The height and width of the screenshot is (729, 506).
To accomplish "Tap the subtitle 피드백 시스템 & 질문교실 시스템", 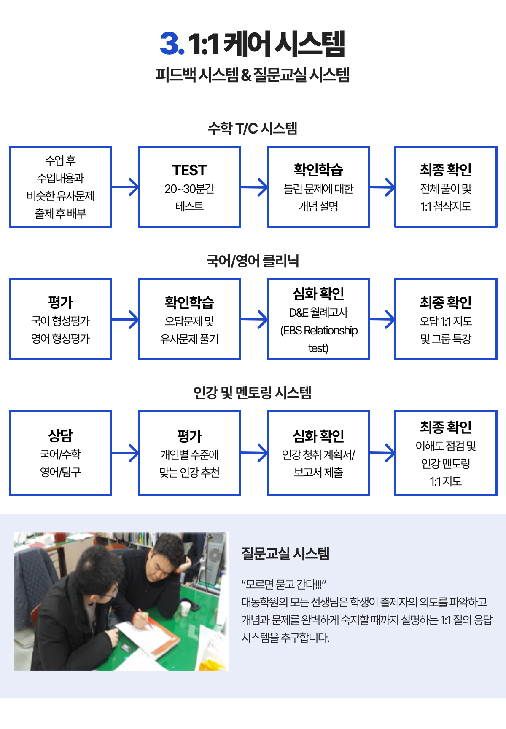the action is click(x=253, y=75).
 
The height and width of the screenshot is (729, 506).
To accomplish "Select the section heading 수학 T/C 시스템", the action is click(x=253, y=128).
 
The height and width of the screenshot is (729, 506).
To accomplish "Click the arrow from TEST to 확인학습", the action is click(x=254, y=187).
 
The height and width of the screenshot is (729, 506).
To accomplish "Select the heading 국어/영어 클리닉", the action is click(x=253, y=261).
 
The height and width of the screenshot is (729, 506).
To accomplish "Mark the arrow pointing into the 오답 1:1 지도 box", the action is click(x=382, y=319).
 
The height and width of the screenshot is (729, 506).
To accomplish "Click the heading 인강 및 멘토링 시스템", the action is click(x=253, y=393).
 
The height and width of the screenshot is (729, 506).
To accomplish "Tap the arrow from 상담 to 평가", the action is click(x=125, y=453).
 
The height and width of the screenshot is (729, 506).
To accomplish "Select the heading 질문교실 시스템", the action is click(x=285, y=553).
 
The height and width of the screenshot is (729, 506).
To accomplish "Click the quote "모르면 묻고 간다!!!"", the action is click(x=284, y=584).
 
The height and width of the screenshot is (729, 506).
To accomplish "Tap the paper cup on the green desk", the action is click(x=185, y=609).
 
